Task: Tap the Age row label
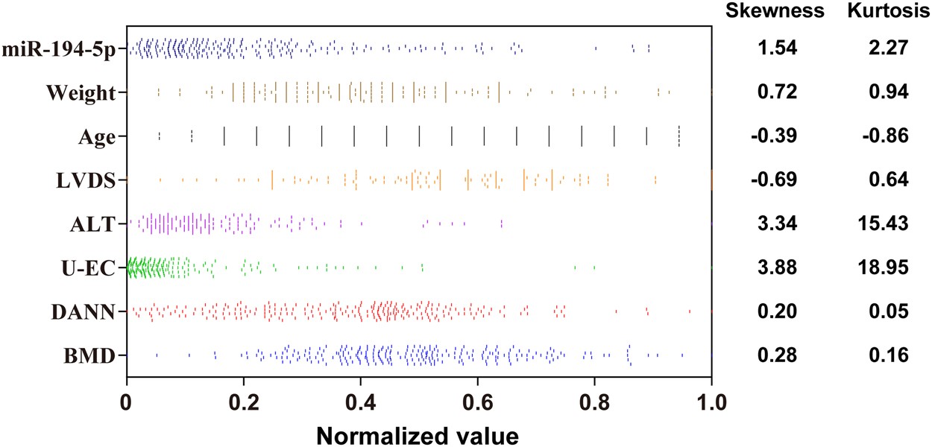[x=96, y=136]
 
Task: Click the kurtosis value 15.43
[x=887, y=224]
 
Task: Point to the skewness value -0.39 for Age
[x=777, y=136]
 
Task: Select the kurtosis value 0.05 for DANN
[x=887, y=312]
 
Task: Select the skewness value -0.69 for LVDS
[x=777, y=180]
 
